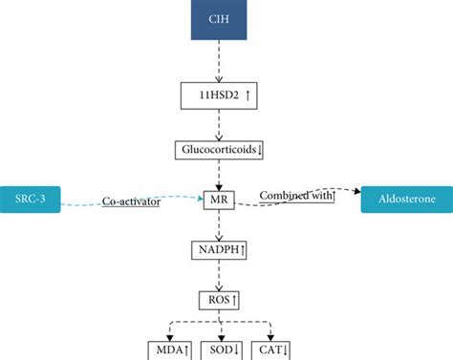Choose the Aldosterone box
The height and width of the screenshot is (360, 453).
[405, 201]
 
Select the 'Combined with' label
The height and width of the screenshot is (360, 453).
[297, 196]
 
